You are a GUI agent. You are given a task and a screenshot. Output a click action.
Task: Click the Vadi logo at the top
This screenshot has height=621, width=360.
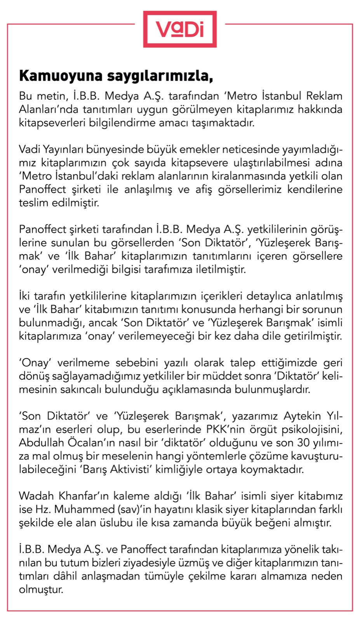coord(180,29)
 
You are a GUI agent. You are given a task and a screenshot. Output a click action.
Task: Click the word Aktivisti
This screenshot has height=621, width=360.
coord(130,469)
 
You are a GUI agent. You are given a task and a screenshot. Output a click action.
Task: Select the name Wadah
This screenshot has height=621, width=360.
coord(37,496)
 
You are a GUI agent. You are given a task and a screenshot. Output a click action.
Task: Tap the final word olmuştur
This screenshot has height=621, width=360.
coord(41,590)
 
